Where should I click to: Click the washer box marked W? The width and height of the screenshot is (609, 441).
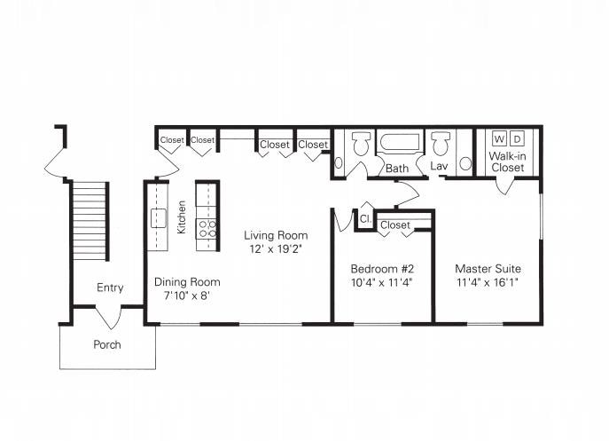(x=499, y=138)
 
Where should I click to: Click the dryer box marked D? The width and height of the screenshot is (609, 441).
(x=519, y=138)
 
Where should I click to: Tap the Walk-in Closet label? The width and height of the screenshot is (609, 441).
(x=507, y=161)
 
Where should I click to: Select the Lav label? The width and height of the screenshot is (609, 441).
(x=439, y=166)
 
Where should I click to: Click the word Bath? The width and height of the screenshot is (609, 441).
(x=396, y=167)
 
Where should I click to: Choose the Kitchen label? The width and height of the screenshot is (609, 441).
(x=182, y=217)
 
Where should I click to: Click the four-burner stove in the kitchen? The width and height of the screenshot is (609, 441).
(x=207, y=229)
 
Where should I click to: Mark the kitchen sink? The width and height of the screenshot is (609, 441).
(x=159, y=217)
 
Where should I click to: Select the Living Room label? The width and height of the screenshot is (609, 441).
(x=276, y=235)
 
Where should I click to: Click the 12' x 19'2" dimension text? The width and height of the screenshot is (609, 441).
(x=276, y=249)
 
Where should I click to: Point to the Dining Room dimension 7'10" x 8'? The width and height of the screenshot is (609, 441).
(x=187, y=295)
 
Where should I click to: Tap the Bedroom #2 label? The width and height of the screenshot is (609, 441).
(x=381, y=268)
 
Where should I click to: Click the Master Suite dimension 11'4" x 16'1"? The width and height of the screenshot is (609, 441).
(x=488, y=282)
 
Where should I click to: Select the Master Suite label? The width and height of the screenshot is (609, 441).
(x=488, y=268)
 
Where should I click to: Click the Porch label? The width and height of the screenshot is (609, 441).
(x=107, y=344)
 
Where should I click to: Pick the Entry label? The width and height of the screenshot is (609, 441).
(x=110, y=287)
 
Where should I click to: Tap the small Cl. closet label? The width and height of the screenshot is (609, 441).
(x=364, y=218)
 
